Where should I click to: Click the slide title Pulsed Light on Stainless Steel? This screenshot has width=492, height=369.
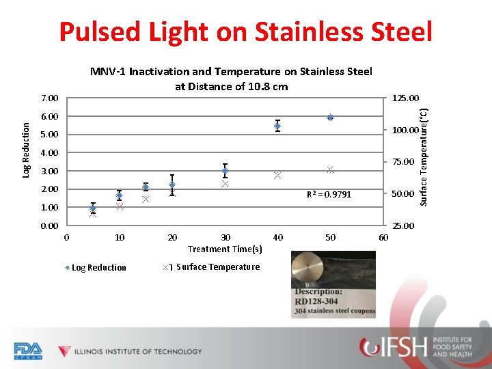pyautogui.click(x=245, y=31)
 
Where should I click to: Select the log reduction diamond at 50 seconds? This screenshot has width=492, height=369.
pyautogui.click(x=330, y=118)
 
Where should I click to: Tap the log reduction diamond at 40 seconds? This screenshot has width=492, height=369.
pyautogui.click(x=277, y=126)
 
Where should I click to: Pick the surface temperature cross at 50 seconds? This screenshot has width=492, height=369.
pyautogui.click(x=330, y=169)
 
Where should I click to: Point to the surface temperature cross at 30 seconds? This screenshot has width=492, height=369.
pyautogui.click(x=225, y=184)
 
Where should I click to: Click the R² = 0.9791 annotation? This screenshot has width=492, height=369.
pyautogui.click(x=329, y=195)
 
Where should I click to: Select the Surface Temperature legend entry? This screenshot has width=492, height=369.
pyautogui.click(x=212, y=267)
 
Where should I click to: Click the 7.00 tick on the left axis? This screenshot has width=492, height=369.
pyautogui.click(x=49, y=99)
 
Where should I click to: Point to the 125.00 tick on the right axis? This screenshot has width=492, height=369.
pyautogui.click(x=405, y=99)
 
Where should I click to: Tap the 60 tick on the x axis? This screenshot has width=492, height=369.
pyautogui.click(x=383, y=238)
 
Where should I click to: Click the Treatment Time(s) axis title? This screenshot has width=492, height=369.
pyautogui.click(x=225, y=249)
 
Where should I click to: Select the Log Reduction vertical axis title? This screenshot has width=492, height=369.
pyautogui.click(x=26, y=151)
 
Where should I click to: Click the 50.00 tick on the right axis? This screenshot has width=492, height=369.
pyautogui.click(x=402, y=194)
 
